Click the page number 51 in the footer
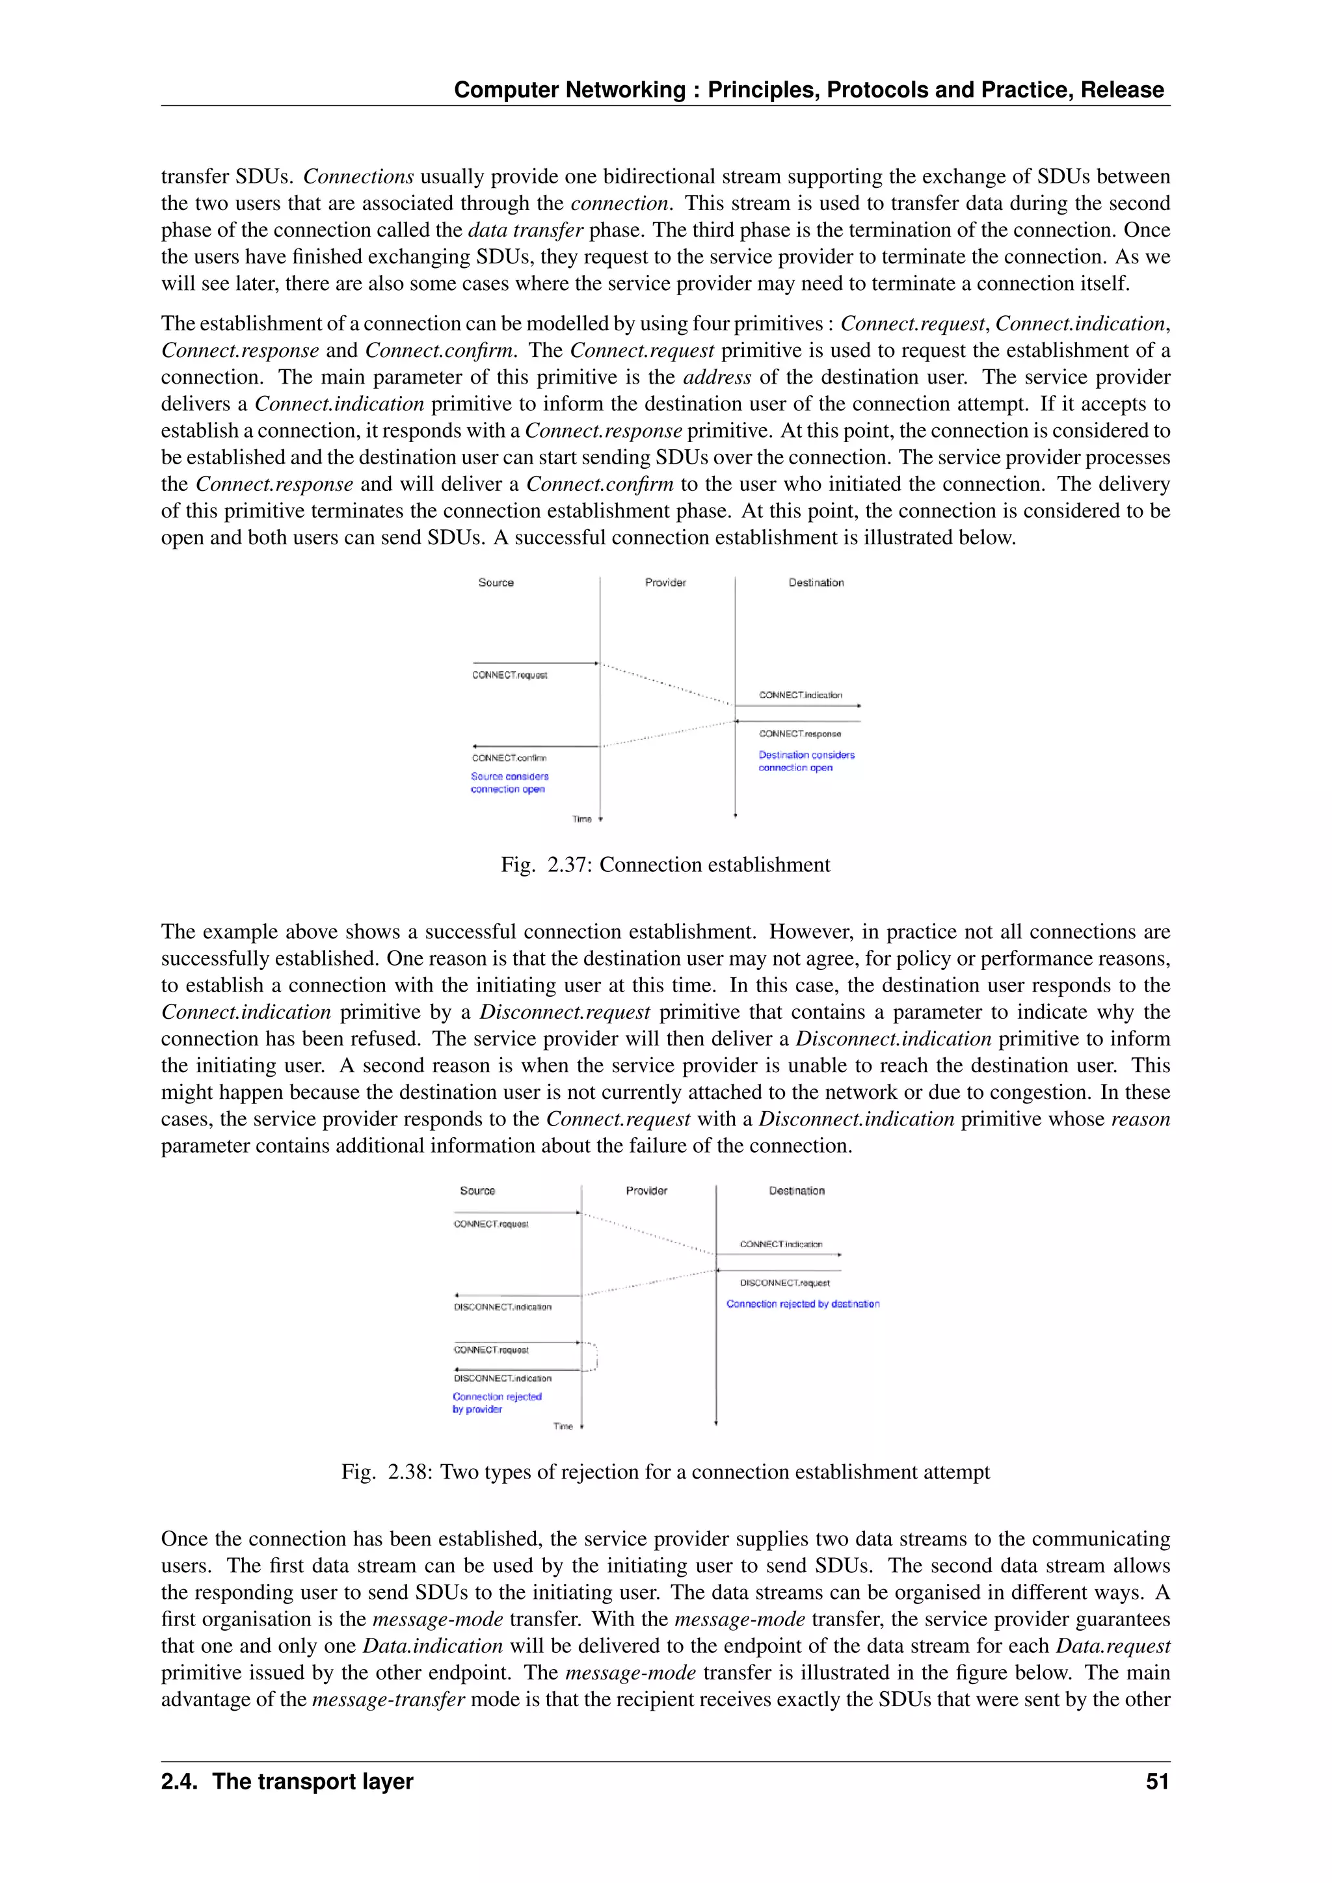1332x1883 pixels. click(1156, 1782)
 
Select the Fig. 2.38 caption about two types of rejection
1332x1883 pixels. click(665, 1471)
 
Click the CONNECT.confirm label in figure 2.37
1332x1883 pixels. click(509, 757)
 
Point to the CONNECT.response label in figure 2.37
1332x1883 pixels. click(800, 733)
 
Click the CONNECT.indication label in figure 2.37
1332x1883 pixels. click(800, 694)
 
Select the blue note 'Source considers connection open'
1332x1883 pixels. click(509, 782)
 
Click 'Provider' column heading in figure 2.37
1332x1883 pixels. click(665, 583)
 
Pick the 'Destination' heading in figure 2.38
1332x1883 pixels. click(797, 1190)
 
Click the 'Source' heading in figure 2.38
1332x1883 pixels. click(477, 1190)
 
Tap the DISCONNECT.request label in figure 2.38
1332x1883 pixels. click(784, 1283)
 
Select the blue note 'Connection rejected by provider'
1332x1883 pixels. click(496, 1402)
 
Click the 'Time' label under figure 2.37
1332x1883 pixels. click(581, 819)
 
